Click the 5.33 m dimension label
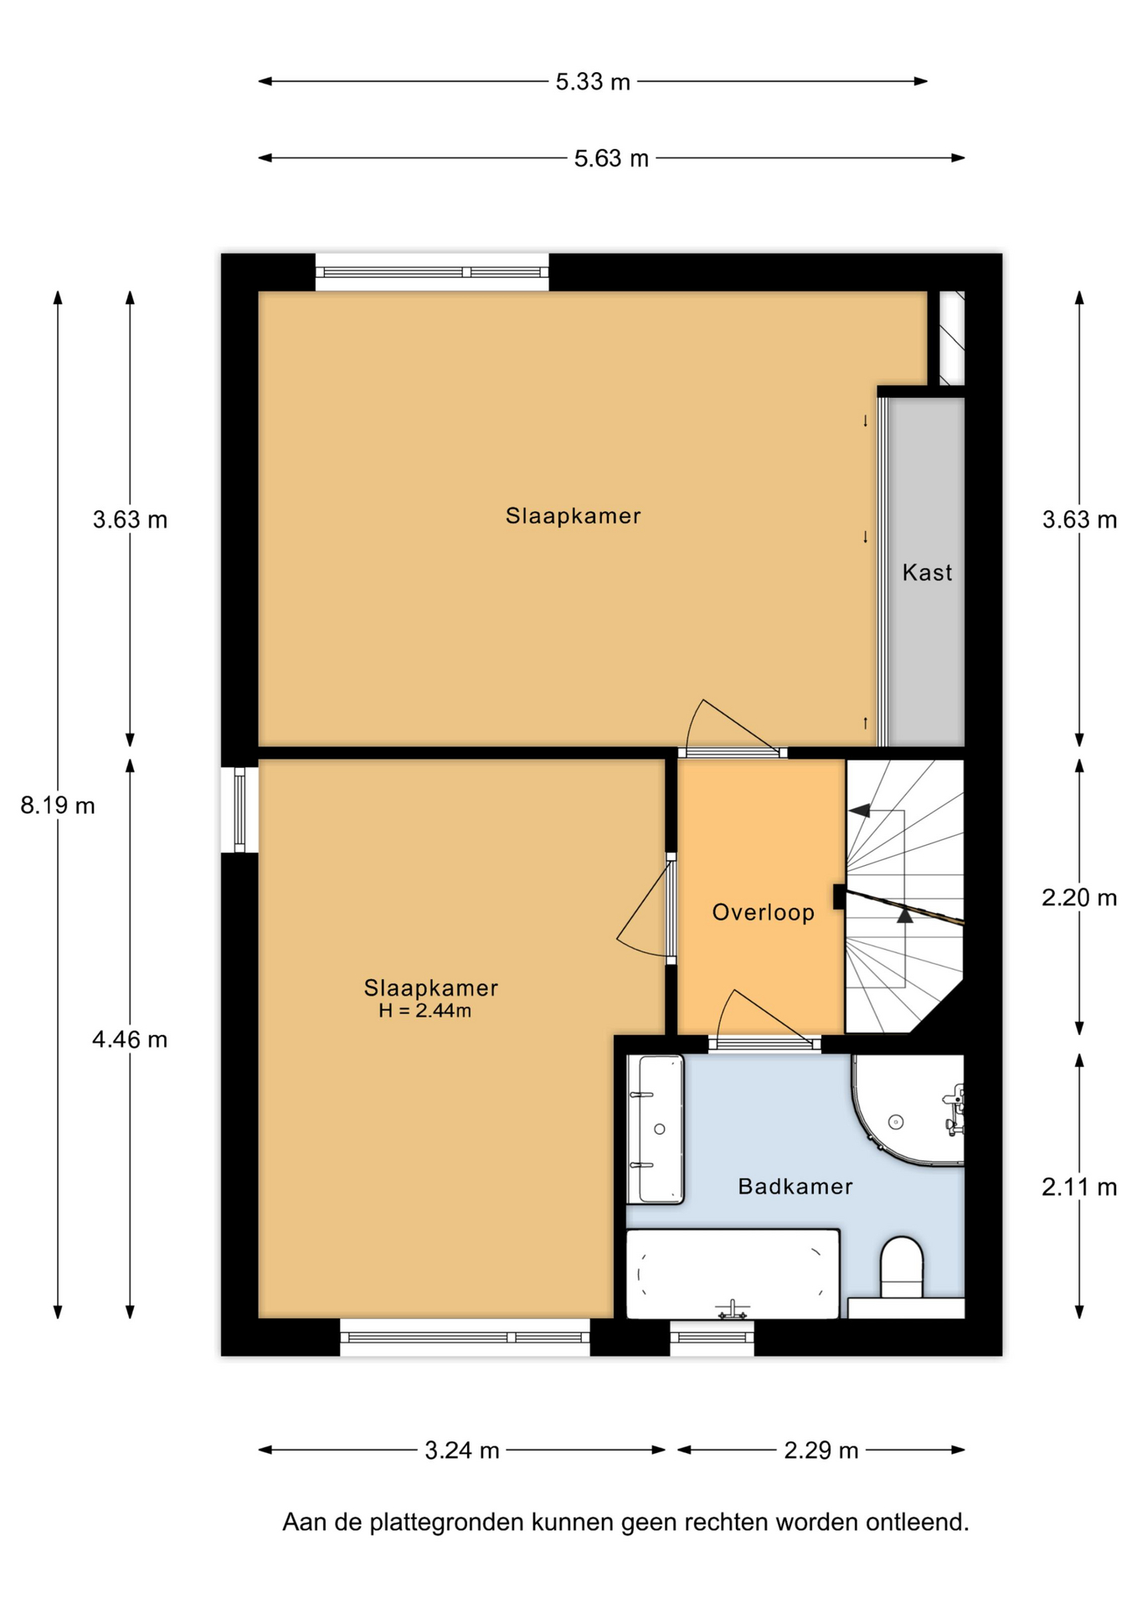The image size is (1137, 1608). coord(593,82)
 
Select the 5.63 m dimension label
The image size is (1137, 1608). coord(611,158)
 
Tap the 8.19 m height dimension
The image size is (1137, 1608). coord(58,806)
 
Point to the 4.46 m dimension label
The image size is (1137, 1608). coord(130,1039)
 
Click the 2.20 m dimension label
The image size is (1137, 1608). coord(1079,898)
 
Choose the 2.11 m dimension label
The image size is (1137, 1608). coord(1079,1187)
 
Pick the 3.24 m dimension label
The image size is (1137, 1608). coord(462,1450)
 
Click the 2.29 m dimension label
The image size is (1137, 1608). coord(821,1450)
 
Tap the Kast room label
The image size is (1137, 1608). coord(927,573)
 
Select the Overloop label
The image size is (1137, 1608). coord(763,912)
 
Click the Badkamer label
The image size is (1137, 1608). coord(795,1186)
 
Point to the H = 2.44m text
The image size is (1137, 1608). coord(424,1011)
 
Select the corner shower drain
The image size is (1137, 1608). coord(896,1121)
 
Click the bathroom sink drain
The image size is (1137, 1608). coord(660,1129)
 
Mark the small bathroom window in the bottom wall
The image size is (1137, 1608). coord(713,1337)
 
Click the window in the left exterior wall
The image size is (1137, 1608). coord(239,810)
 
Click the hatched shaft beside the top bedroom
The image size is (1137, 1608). coord(952,338)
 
